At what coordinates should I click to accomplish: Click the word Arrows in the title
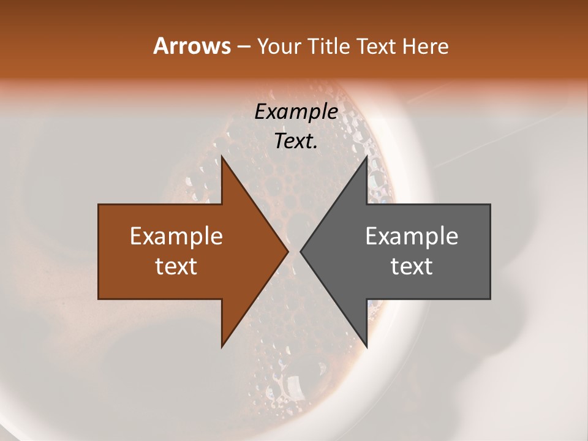(x=191, y=46)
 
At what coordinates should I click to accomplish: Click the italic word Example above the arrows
(x=296, y=111)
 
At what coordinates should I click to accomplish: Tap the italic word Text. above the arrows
(x=296, y=141)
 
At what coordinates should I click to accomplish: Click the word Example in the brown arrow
(x=176, y=236)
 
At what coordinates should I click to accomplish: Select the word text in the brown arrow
(x=176, y=266)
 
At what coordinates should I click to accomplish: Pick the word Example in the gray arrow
(x=412, y=236)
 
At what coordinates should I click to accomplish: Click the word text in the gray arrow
(x=412, y=266)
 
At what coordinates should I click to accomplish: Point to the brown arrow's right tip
(x=288, y=252)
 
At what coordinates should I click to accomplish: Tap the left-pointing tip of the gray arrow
(x=301, y=252)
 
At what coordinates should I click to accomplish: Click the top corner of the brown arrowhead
(x=222, y=157)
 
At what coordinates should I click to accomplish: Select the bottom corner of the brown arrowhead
(x=222, y=347)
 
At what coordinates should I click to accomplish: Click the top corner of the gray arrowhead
(x=366, y=157)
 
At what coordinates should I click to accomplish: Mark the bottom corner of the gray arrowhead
(x=366, y=347)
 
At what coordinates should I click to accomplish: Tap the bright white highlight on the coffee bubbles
(x=295, y=385)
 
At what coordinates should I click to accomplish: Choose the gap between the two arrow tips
(x=294, y=252)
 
